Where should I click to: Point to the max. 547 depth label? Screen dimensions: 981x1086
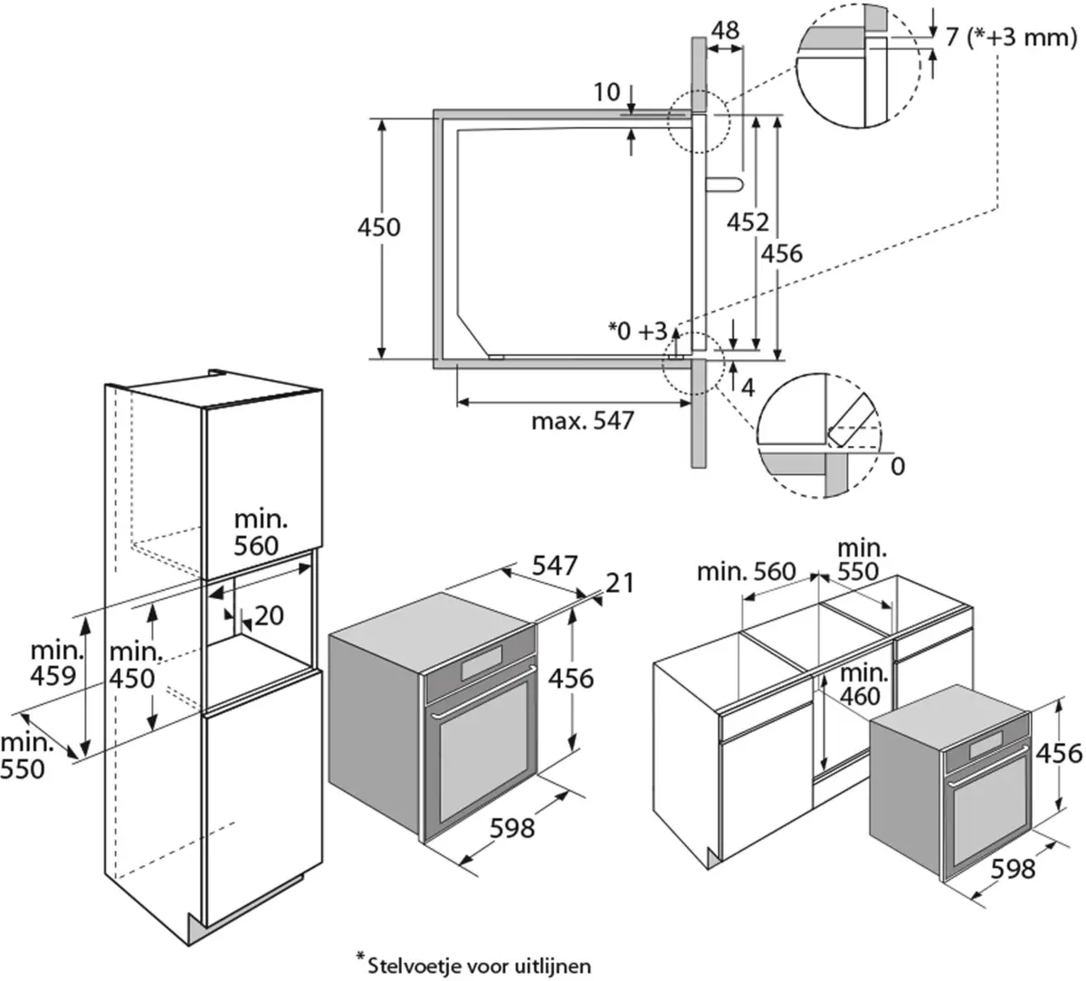click(583, 421)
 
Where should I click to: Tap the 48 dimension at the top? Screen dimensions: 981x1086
click(724, 31)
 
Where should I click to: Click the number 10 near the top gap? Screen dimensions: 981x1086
click(607, 91)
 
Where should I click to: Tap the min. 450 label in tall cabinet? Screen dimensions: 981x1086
click(133, 665)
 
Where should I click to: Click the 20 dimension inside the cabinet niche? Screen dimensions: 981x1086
click(269, 616)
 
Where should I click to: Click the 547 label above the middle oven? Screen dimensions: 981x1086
click(554, 567)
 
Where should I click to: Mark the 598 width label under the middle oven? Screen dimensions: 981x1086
click(512, 827)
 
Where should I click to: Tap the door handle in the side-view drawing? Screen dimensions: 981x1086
click(724, 185)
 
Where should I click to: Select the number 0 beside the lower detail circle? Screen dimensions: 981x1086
click(898, 466)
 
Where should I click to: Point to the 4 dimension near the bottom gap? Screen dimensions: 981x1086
click(748, 387)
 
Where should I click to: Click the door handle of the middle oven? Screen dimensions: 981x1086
click(481, 710)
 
